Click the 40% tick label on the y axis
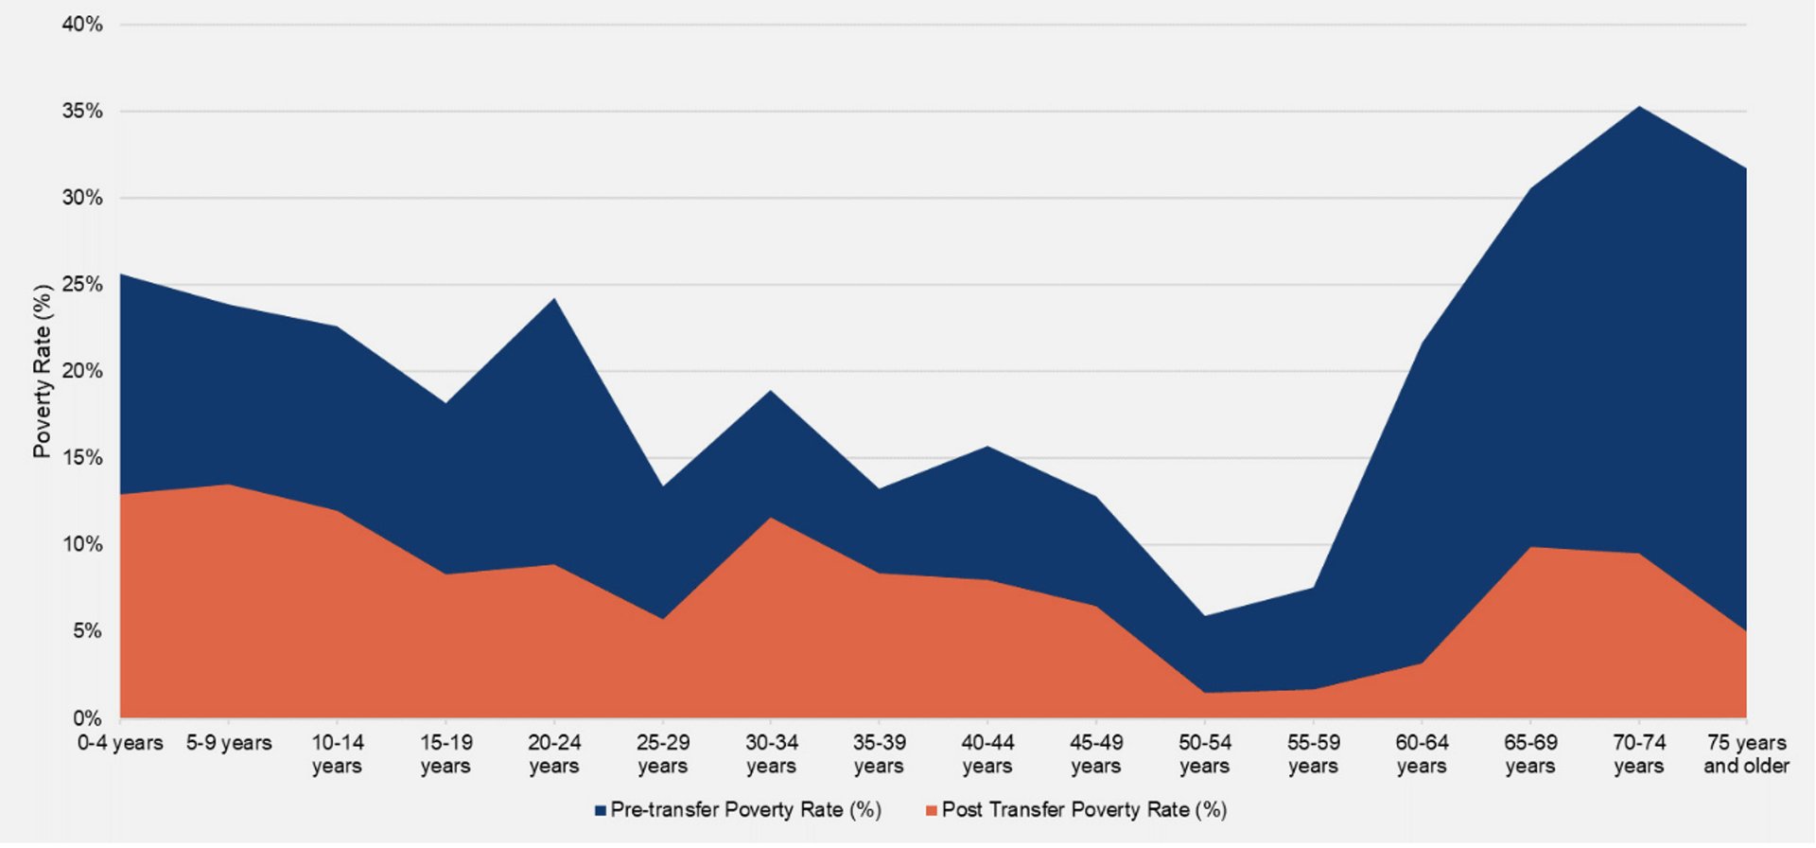click(x=82, y=25)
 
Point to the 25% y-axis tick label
click(x=82, y=285)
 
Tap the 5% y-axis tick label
click(x=86, y=631)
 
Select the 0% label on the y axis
click(x=86, y=718)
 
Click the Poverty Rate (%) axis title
click(x=42, y=371)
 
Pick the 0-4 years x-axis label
click(x=120, y=743)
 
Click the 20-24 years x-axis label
click(x=554, y=754)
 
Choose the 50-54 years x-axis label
click(x=1205, y=754)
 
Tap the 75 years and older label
click(x=1746, y=754)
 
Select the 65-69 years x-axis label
click(x=1530, y=754)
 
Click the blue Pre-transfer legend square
click(x=600, y=811)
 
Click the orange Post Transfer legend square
click(x=931, y=811)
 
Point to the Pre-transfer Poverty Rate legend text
click(x=746, y=810)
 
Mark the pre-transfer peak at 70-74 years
click(x=1638, y=106)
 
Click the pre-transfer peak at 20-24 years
click(x=554, y=298)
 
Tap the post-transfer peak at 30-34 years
click(x=772, y=518)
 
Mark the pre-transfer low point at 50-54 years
click(x=1205, y=616)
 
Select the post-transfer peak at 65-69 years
click(x=1530, y=547)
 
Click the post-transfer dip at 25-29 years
click(x=663, y=619)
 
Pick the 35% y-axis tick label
click(x=82, y=112)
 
